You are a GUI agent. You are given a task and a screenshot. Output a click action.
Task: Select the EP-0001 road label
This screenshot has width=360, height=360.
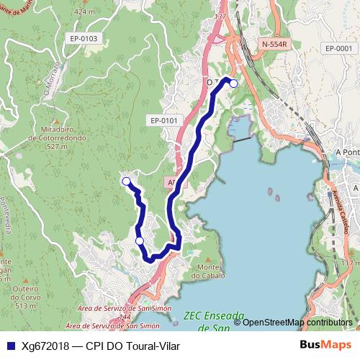(x=338, y=48)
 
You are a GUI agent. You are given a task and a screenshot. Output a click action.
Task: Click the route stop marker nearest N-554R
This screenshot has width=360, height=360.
(x=233, y=83)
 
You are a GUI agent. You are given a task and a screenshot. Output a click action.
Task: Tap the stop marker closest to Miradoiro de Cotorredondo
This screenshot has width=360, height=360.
(x=126, y=181)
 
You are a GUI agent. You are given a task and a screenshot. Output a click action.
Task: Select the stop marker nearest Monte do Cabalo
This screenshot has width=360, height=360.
(x=140, y=240)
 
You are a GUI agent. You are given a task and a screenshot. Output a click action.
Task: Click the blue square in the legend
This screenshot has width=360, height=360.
(x=9, y=345)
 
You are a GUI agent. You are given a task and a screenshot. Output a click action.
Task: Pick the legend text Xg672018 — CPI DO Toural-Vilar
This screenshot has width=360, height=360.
(x=96, y=345)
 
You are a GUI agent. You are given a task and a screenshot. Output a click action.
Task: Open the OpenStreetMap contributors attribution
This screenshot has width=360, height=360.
(x=296, y=323)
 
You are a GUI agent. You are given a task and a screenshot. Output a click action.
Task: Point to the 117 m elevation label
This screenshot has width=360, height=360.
(x=349, y=263)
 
